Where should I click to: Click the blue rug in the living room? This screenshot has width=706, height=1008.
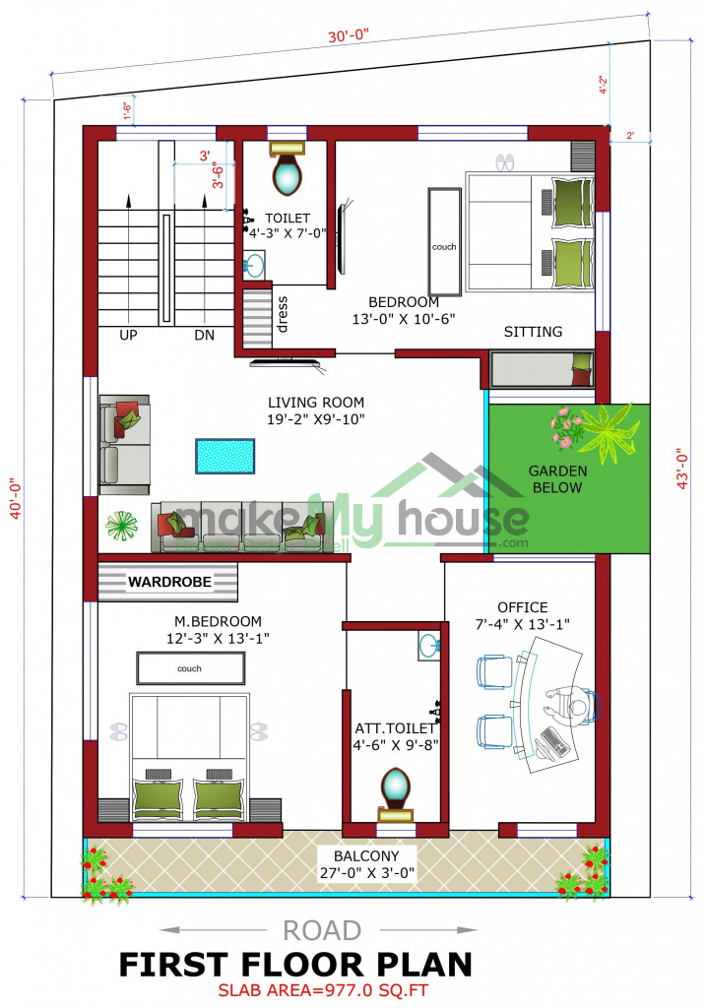[x=225, y=456]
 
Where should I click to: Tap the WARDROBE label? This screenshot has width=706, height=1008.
[x=169, y=582]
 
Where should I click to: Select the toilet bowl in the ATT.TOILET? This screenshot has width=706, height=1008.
[x=396, y=787]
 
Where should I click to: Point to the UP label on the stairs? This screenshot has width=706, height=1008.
[x=128, y=335]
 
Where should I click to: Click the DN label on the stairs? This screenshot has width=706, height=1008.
[x=205, y=335]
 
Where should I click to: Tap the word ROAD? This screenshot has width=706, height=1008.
[x=322, y=931]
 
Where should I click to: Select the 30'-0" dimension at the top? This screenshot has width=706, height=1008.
[x=349, y=34]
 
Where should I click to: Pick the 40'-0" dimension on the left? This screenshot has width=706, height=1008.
[x=16, y=497]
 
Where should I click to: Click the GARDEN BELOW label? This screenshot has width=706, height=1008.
[x=557, y=479]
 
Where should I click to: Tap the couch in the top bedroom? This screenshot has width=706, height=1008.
[x=445, y=241]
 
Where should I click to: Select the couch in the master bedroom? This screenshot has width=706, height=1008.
[x=190, y=668]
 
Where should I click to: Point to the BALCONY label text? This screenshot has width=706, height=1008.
[x=366, y=856]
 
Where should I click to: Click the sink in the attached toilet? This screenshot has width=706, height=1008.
[x=429, y=646]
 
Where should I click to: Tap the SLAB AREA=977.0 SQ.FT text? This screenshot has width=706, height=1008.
[x=323, y=990]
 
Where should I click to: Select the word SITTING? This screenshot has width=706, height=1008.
[x=533, y=332]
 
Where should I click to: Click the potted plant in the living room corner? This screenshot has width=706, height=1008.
[x=121, y=526]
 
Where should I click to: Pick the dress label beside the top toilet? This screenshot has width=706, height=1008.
[x=282, y=314]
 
